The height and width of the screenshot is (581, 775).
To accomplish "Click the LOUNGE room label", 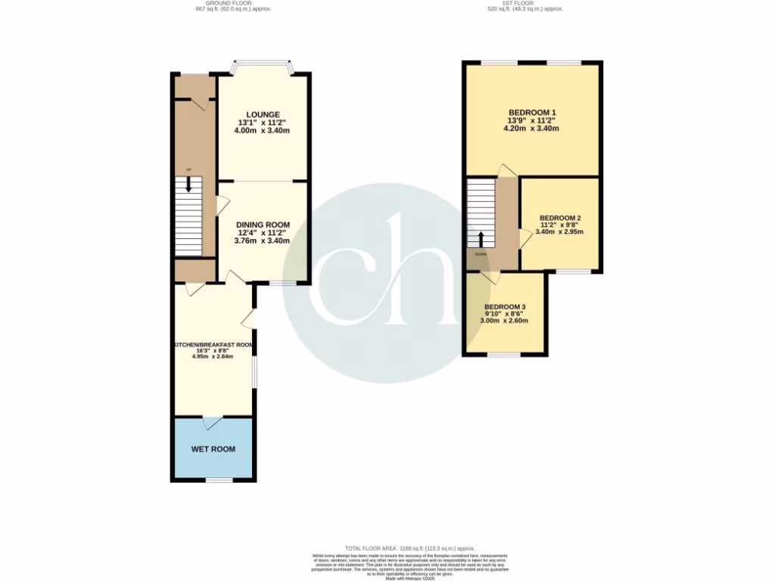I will [262, 114].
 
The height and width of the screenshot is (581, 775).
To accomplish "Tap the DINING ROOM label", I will [262, 225].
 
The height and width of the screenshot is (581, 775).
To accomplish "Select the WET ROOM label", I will [213, 449].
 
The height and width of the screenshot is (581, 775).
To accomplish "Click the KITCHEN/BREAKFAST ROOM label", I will [213, 345].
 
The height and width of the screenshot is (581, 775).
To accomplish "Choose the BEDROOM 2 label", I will [559, 216].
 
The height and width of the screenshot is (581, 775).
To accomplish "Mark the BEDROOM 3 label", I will [506, 307].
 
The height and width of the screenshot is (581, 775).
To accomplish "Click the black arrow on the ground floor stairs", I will [188, 186].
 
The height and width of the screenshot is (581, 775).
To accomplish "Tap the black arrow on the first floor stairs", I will [481, 238].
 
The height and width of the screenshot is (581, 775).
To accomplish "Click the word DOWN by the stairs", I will [481, 254].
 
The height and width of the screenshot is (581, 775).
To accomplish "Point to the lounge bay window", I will [262, 63].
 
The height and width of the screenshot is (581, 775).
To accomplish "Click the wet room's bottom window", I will [219, 480].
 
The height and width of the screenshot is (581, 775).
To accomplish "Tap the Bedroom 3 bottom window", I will [503, 354].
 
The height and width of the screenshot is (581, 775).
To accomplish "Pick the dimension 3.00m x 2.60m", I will [506, 321].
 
